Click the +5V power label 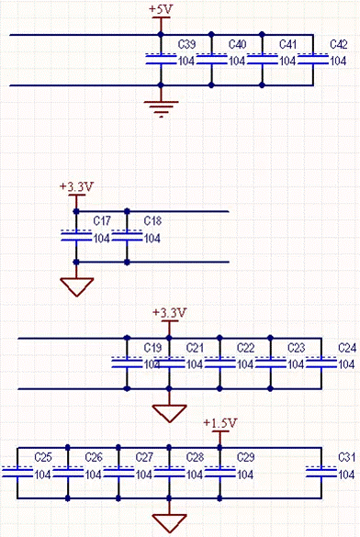tap(160, 8)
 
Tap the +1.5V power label tap(220, 422)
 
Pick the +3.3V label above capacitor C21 tap(169, 313)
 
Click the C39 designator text tap(186, 44)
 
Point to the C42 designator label tap(338, 44)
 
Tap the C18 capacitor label tap(152, 221)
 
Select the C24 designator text tap(347, 348)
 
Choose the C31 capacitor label tap(346, 457)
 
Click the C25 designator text tap(42, 457)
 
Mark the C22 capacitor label tap(245, 348)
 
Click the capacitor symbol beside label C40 tap(212, 60)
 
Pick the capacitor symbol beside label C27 tap(119, 473)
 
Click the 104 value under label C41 tap(287, 62)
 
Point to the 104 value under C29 tap(245, 475)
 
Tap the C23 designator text tap(296, 348)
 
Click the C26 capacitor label tap(93, 457)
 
